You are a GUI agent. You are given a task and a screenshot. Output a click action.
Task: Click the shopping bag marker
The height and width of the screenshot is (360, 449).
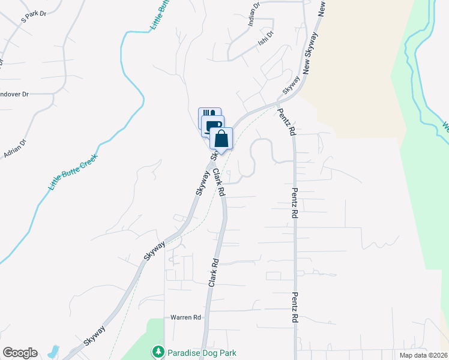tap(221, 139)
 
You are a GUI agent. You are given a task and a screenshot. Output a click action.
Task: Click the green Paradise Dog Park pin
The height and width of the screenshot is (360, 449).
tap(158, 351)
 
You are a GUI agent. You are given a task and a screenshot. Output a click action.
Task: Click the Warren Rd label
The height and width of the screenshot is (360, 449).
tap(185, 317)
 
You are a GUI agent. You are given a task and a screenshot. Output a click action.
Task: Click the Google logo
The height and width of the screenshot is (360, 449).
tap(20, 353)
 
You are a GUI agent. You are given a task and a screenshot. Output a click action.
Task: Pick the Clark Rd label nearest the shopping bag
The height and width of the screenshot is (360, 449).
tap(218, 182)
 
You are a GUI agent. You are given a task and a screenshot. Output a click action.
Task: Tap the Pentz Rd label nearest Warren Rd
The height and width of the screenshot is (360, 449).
tap(295, 308)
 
